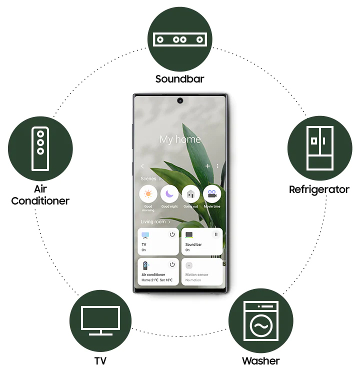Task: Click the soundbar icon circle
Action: tap(179, 39)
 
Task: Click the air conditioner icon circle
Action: tap(40, 148)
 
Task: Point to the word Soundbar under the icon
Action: tap(179, 79)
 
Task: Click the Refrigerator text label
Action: tap(319, 189)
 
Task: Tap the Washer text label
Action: tap(260, 360)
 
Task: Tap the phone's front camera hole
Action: tap(179, 101)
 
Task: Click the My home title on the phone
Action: tap(179, 139)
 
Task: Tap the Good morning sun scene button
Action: tap(148, 194)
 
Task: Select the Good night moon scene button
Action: tap(169, 194)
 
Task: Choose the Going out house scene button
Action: tap(190, 194)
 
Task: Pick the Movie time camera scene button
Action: tap(212, 194)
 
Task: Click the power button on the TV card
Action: tap(172, 234)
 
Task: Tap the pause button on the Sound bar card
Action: tap(216, 234)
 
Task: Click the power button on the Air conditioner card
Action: tap(172, 264)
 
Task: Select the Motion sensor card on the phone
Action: tap(201, 271)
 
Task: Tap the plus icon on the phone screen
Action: tap(207, 166)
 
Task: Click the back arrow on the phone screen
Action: tap(142, 166)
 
